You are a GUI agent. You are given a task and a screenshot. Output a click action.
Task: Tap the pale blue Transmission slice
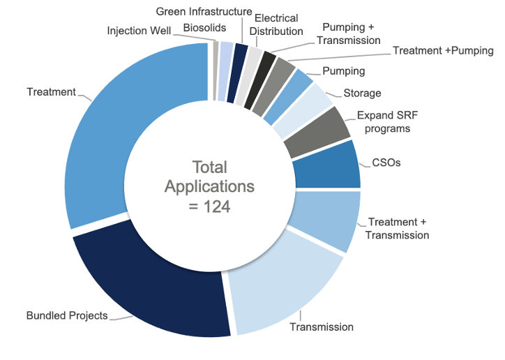pos(279,293)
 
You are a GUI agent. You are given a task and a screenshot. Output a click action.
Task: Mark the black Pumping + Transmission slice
pos(266,65)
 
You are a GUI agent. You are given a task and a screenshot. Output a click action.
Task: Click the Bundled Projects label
pos(67,315)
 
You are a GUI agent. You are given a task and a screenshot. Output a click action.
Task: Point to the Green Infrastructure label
pos(204,12)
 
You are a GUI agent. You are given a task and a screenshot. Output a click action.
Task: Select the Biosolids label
pos(200,27)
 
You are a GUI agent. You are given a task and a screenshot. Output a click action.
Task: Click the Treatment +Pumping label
pos(443,51)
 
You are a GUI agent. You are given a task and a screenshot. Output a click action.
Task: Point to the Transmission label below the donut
pos(322,327)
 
